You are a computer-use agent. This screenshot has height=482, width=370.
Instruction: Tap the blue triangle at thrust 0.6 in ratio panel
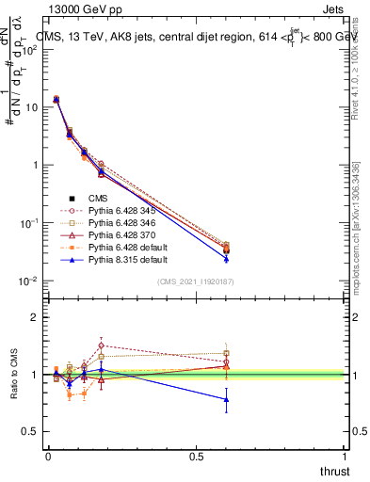pyautogui.click(x=226, y=399)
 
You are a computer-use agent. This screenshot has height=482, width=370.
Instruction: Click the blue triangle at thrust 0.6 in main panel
pyautogui.click(x=226, y=258)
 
